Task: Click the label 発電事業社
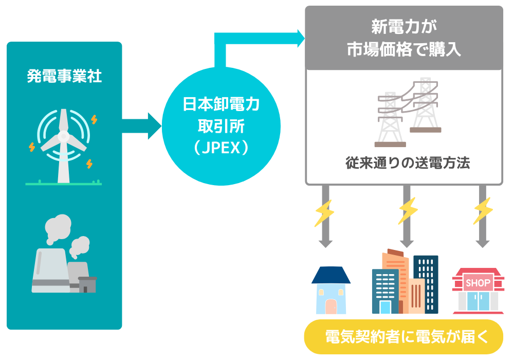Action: [64, 77]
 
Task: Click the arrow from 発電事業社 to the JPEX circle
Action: [142, 125]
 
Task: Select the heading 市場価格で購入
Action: [403, 50]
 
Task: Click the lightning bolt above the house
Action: [324, 211]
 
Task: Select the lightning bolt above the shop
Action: [483, 211]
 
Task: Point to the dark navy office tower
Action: [426, 283]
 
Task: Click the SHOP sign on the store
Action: [478, 283]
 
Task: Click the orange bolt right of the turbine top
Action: [94, 119]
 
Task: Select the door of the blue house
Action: [331, 305]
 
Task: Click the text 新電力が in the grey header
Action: [403, 26]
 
